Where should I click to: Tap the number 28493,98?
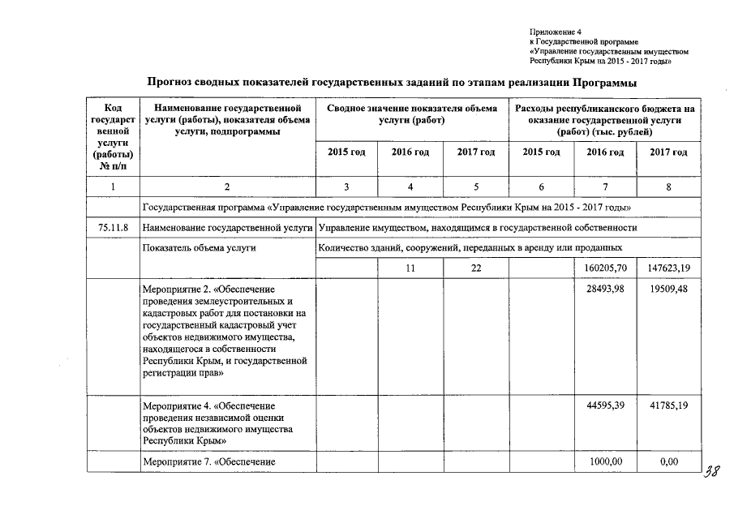(x=606, y=289)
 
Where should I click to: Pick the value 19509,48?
(x=669, y=289)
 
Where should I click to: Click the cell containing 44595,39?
(x=606, y=405)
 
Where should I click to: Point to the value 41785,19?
(x=669, y=405)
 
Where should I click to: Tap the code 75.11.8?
(x=113, y=228)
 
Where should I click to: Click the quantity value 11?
(x=410, y=267)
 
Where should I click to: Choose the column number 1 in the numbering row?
(x=113, y=187)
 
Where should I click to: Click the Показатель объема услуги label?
(x=199, y=248)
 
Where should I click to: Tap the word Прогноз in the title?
(x=172, y=83)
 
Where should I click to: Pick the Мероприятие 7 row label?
(x=208, y=461)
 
